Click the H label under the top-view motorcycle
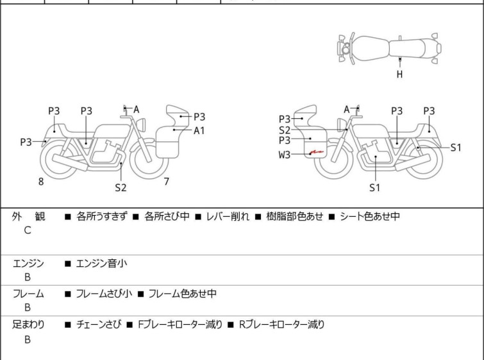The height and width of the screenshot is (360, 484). click(x=399, y=74)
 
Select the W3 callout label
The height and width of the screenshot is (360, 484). click(x=284, y=155)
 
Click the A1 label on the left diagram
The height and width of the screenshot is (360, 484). click(x=199, y=130)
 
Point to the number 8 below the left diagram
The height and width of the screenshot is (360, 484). click(x=41, y=182)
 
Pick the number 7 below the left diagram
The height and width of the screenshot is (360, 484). click(x=166, y=182)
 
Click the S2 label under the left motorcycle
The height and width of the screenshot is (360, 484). click(x=121, y=187)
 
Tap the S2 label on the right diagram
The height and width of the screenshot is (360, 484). click(x=284, y=130)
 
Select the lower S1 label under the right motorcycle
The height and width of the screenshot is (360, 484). click(x=375, y=187)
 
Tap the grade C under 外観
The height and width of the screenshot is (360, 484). click(x=28, y=230)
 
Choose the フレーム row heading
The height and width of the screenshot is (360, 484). click(x=28, y=294)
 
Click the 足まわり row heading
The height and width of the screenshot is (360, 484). click(x=28, y=325)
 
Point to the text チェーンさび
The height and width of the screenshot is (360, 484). click(x=96, y=325)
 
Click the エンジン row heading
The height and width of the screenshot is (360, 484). click(x=28, y=262)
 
